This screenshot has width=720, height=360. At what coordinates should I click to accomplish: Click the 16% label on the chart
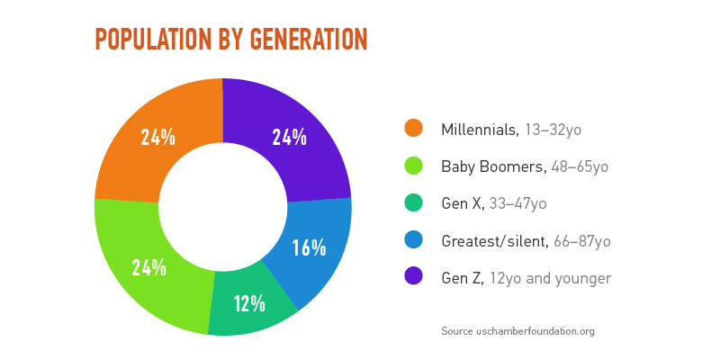click(x=309, y=247)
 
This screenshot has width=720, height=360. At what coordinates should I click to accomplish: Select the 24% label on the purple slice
click(x=289, y=137)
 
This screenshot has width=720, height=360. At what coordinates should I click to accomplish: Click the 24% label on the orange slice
click(x=157, y=137)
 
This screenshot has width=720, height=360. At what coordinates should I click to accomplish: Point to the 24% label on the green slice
click(x=148, y=267)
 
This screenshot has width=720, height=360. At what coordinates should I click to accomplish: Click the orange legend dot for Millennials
click(x=414, y=129)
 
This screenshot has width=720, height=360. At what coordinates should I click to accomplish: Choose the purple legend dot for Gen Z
click(x=414, y=277)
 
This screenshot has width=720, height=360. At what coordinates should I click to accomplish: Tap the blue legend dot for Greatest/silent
click(x=414, y=240)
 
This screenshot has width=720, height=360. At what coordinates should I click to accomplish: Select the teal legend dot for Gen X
click(x=414, y=203)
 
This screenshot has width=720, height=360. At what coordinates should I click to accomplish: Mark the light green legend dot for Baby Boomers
click(x=414, y=166)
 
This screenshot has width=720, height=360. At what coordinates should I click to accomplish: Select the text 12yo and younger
click(x=550, y=278)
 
